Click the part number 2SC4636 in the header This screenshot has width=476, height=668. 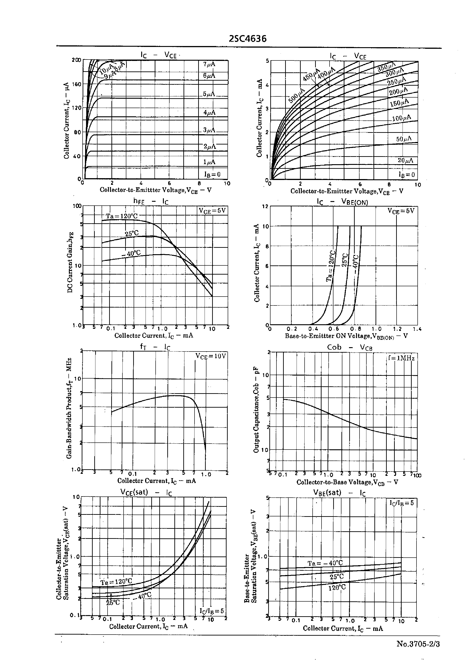click(x=248, y=39)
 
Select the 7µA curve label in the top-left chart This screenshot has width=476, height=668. click(x=209, y=64)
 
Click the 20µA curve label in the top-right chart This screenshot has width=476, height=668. click(x=405, y=160)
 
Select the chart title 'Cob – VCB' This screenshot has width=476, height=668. click(x=349, y=347)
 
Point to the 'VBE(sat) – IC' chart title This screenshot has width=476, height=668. click(x=339, y=493)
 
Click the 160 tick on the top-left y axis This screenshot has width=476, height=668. click(x=76, y=84)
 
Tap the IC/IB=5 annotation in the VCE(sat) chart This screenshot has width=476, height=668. click(x=212, y=611)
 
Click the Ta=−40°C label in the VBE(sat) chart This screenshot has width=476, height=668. click(x=325, y=563)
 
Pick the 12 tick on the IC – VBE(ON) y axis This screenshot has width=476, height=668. click(x=265, y=206)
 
